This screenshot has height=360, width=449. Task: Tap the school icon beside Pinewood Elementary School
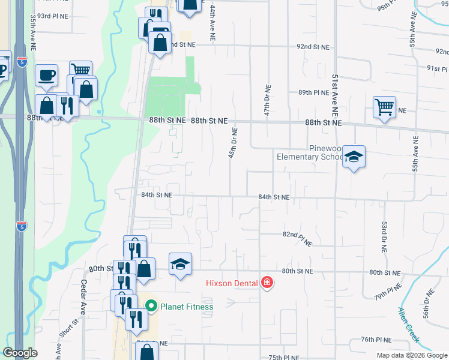(354, 157)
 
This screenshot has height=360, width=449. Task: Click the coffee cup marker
(46, 76)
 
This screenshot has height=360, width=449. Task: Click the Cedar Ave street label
(83, 298)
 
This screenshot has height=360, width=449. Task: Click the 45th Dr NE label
(231, 143)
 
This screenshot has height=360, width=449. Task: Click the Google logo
(20, 353)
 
